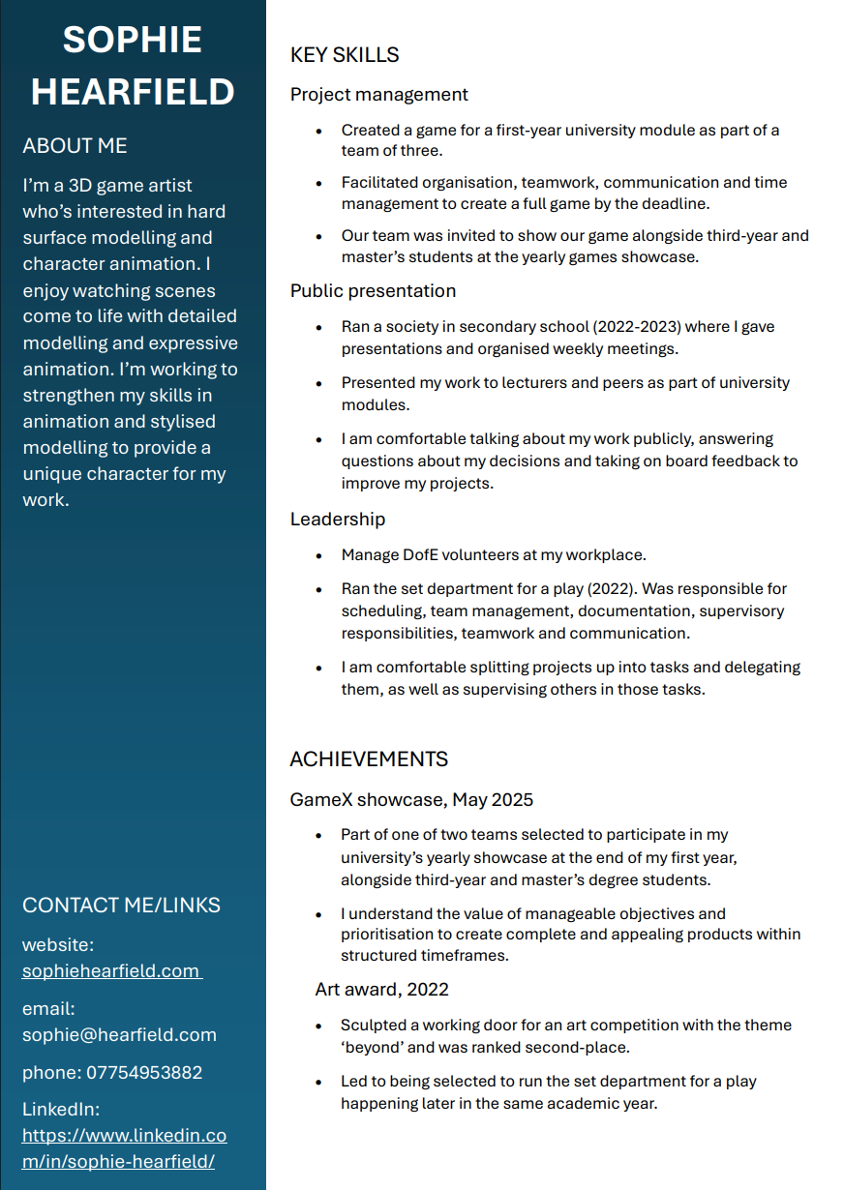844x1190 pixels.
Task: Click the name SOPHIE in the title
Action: [133, 41]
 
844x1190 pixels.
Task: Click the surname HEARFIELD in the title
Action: [133, 93]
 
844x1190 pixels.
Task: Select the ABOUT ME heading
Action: [75, 146]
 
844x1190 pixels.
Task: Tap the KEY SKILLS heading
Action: [345, 55]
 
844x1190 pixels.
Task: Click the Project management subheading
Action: [378, 95]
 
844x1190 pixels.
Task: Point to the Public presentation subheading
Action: [373, 291]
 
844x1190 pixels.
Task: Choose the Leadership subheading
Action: [338, 520]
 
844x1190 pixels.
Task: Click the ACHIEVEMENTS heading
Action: [369, 759]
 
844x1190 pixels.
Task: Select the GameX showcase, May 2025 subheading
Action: [411, 800]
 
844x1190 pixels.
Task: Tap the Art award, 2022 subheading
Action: [381, 990]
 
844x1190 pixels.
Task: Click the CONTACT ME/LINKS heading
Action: [121, 906]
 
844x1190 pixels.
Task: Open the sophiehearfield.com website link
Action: [110, 971]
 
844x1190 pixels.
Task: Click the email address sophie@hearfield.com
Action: [119, 1035]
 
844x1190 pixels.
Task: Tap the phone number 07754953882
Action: [144, 1073]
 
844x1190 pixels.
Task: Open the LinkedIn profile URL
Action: [124, 1148]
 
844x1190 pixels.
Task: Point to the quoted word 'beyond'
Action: [372, 1047]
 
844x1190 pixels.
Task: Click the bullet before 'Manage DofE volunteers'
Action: [319, 556]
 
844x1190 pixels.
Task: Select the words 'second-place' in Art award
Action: [587, 1047]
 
